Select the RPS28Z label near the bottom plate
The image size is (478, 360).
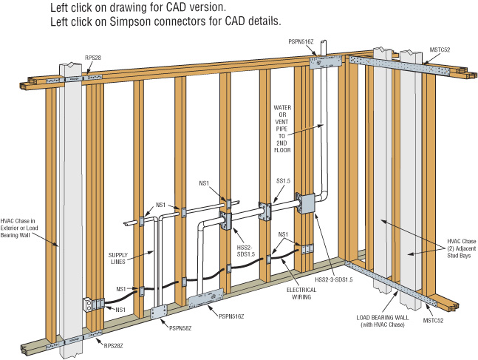point(109,344)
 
